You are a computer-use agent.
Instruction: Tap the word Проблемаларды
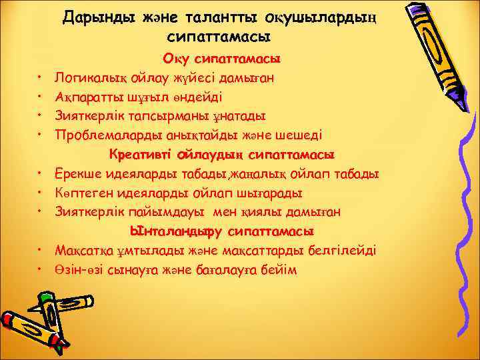point(104,135)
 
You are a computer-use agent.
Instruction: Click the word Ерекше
point(79,174)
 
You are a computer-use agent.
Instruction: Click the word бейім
point(279,270)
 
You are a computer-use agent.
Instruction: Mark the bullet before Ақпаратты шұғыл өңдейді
point(41,97)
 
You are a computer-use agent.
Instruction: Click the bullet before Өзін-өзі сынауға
point(41,271)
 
